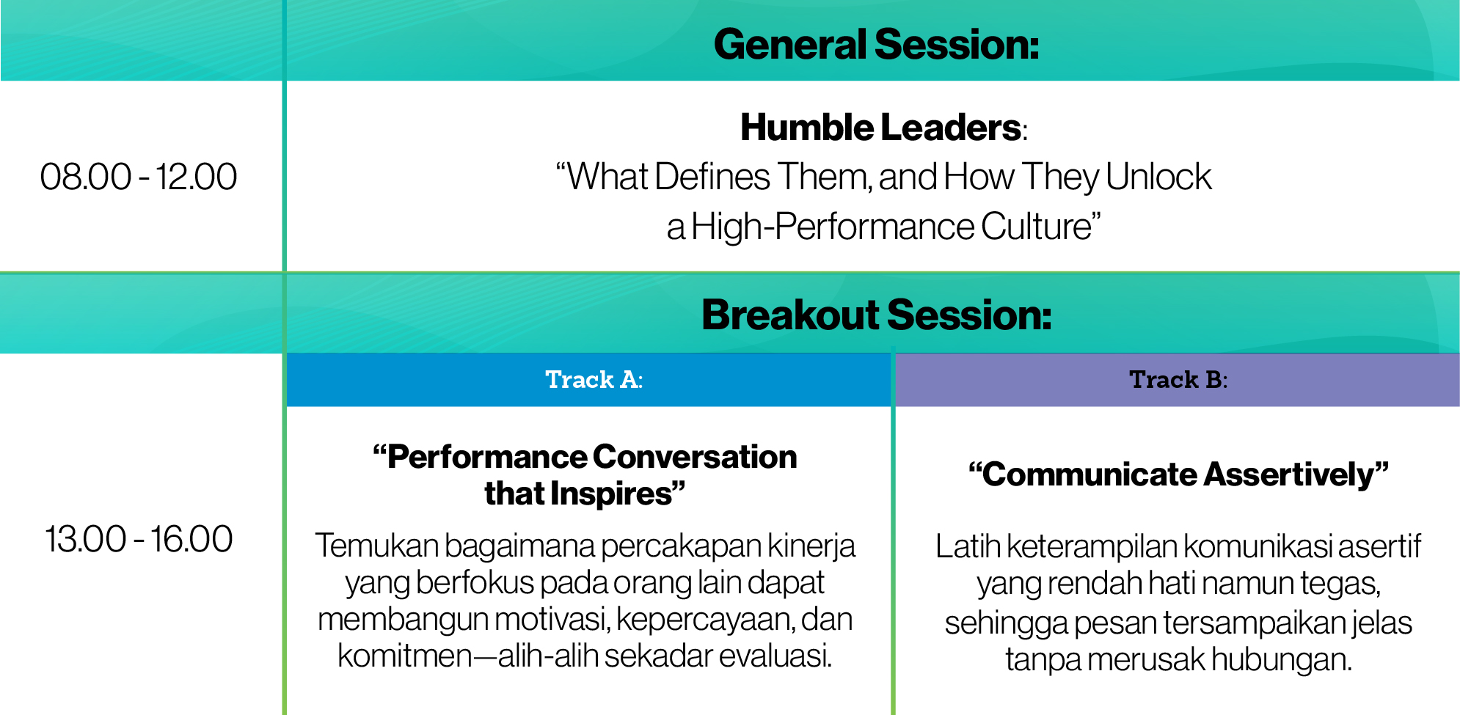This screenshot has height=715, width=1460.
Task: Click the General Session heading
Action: pyautogui.click(x=877, y=44)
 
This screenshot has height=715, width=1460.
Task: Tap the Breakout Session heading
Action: pyautogui.click(x=877, y=315)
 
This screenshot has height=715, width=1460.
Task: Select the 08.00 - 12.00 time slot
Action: pyautogui.click(x=139, y=177)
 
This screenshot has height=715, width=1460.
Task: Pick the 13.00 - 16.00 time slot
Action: pyautogui.click(x=139, y=539)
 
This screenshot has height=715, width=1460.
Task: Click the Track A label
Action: pyautogui.click(x=594, y=380)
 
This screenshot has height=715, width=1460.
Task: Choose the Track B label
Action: pyautogui.click(x=1178, y=380)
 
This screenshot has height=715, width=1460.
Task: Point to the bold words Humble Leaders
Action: pyautogui.click(x=880, y=128)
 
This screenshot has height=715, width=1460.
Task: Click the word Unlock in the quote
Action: pyautogui.click(x=1158, y=177)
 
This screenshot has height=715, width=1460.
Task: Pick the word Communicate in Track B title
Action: pyautogui.click(x=1083, y=474)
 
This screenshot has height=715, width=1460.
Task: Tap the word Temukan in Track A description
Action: pyautogui.click(x=376, y=546)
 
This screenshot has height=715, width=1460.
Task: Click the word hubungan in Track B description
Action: pyautogui.click(x=1281, y=659)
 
